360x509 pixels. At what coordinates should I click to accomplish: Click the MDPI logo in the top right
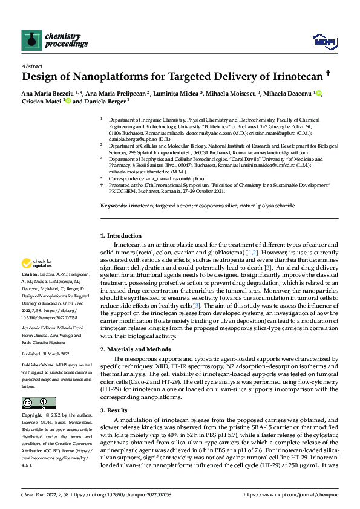pos(324,41)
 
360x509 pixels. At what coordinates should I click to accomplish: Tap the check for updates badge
pos(38,264)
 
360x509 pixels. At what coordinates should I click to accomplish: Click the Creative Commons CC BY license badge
pos(38,403)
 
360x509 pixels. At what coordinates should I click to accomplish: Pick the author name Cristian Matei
pos(39,101)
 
